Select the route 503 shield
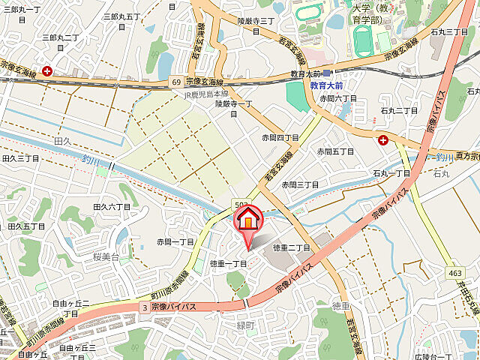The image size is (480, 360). pos(241,204)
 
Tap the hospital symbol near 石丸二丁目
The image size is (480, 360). pos(384,139)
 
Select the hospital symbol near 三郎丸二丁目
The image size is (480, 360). pos(48,71)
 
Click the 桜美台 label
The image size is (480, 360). pos(107,256)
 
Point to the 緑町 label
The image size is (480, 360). pos(247,325)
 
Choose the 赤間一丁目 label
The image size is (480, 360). pos(175,242)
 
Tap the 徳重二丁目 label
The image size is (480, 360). pos(291,247)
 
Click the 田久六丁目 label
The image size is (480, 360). pos(112,206)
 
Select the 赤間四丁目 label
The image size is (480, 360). pos(280,138)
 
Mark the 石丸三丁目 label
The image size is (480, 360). pos(449,32)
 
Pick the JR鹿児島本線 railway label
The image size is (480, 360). pos(207,94)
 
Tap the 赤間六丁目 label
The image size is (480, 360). pos(338,98)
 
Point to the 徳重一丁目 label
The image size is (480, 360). pos(229,263)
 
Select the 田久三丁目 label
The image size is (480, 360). pos(21,158)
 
